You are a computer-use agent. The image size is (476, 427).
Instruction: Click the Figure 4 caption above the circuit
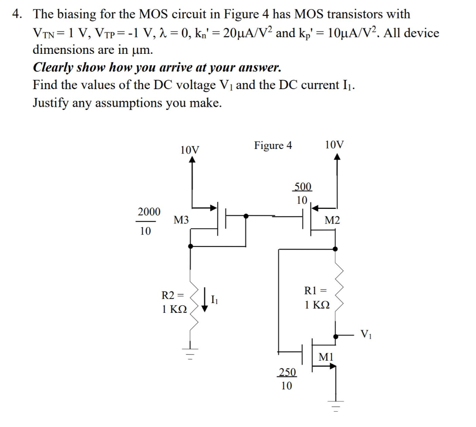(x=273, y=146)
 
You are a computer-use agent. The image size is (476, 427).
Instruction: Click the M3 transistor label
(x=181, y=220)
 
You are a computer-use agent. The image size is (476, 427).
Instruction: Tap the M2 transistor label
(x=332, y=220)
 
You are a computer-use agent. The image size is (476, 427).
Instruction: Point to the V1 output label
(x=366, y=334)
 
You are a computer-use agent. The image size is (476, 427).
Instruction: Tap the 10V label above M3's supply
(x=190, y=150)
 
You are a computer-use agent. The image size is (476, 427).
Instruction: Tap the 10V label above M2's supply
(x=335, y=144)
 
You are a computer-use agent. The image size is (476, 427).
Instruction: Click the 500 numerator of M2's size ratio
(x=303, y=187)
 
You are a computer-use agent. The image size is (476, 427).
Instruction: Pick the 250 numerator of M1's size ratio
(x=287, y=372)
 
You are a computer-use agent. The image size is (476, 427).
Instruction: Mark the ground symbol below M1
(x=336, y=405)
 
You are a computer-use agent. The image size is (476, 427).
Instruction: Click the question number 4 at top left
(x=17, y=14)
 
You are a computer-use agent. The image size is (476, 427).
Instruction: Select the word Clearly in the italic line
(x=53, y=68)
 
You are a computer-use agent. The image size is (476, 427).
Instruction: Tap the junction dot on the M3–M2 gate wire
(x=246, y=216)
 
